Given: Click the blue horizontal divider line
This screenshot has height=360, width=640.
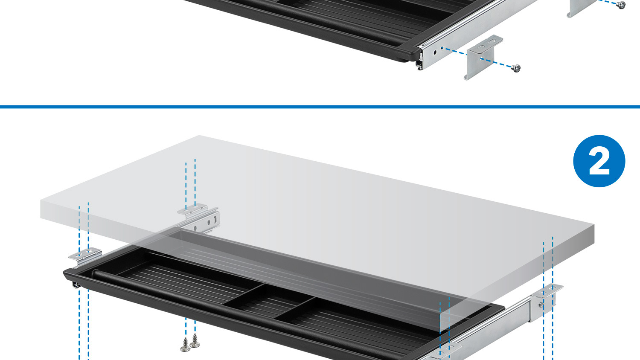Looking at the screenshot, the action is click(x=320, y=107).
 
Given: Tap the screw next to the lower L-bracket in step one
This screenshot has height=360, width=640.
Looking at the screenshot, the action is click(x=516, y=68).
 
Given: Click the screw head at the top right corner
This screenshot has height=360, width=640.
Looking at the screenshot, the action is click(x=621, y=5).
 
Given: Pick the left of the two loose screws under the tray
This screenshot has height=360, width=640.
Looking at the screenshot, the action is click(x=186, y=345).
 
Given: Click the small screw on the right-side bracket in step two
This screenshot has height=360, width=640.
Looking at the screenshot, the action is click(x=541, y=305).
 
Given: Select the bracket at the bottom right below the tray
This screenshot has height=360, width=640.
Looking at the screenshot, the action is click(x=444, y=352).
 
